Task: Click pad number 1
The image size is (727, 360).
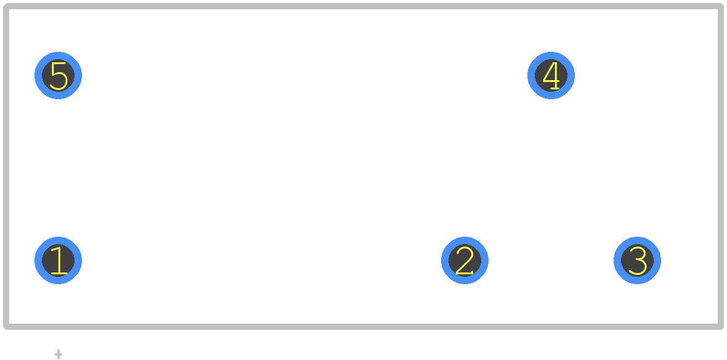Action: click(x=58, y=260)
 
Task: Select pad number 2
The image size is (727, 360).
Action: click(x=465, y=260)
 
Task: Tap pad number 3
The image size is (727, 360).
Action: click(x=637, y=260)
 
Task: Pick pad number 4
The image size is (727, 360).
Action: click(x=551, y=75)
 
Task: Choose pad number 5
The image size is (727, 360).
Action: click(x=58, y=75)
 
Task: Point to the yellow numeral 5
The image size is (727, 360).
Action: click(x=59, y=76)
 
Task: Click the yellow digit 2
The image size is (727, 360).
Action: click(x=465, y=260)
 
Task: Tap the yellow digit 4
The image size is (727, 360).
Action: click(x=551, y=75)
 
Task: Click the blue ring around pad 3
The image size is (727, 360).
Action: click(x=637, y=240)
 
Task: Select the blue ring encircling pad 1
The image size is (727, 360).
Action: click(x=58, y=240)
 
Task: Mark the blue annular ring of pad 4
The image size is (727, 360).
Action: click(x=551, y=55)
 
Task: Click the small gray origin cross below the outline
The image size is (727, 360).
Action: click(x=58, y=354)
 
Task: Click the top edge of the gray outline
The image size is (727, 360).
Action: click(x=363, y=6)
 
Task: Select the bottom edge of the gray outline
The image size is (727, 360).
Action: click(x=363, y=327)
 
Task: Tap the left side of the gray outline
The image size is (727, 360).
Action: click(x=6, y=166)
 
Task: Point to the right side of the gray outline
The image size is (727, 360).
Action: click(x=721, y=166)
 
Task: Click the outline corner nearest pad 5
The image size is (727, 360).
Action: click(x=6, y=6)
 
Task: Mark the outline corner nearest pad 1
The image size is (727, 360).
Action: click(x=6, y=327)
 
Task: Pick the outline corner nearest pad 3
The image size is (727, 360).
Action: click(x=721, y=327)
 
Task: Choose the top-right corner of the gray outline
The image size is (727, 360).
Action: click(x=721, y=6)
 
